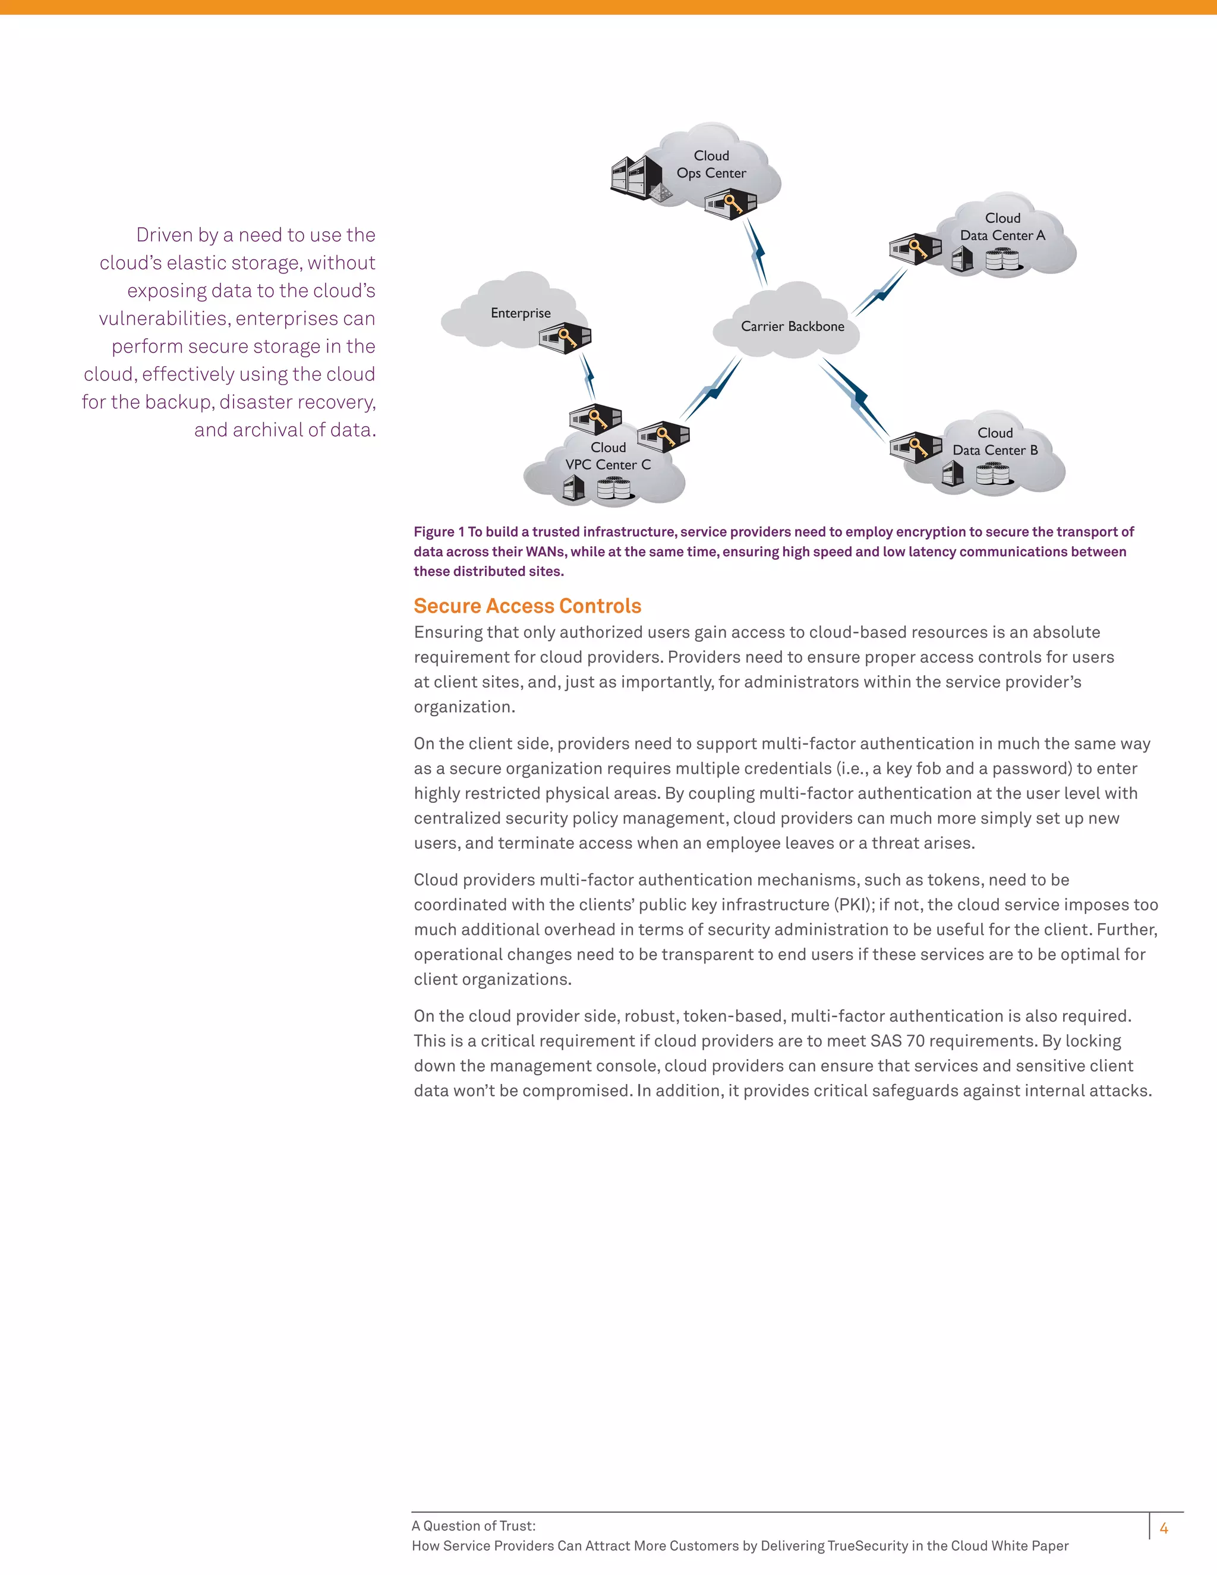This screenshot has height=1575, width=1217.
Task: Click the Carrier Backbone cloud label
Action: tap(792, 327)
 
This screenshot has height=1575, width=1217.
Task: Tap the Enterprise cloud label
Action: tap(521, 313)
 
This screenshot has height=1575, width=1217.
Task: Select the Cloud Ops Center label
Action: tap(711, 165)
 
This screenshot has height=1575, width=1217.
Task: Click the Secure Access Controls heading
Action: tap(527, 606)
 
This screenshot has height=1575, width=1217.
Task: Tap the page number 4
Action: tap(1163, 1527)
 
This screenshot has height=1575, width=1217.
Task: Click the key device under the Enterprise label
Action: tap(565, 337)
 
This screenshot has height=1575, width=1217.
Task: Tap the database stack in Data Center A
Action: tap(1001, 260)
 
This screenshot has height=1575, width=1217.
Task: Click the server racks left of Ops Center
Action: tap(635, 177)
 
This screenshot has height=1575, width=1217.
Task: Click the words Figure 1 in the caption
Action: tap(439, 532)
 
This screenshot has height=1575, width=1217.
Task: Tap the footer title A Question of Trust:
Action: tap(473, 1526)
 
